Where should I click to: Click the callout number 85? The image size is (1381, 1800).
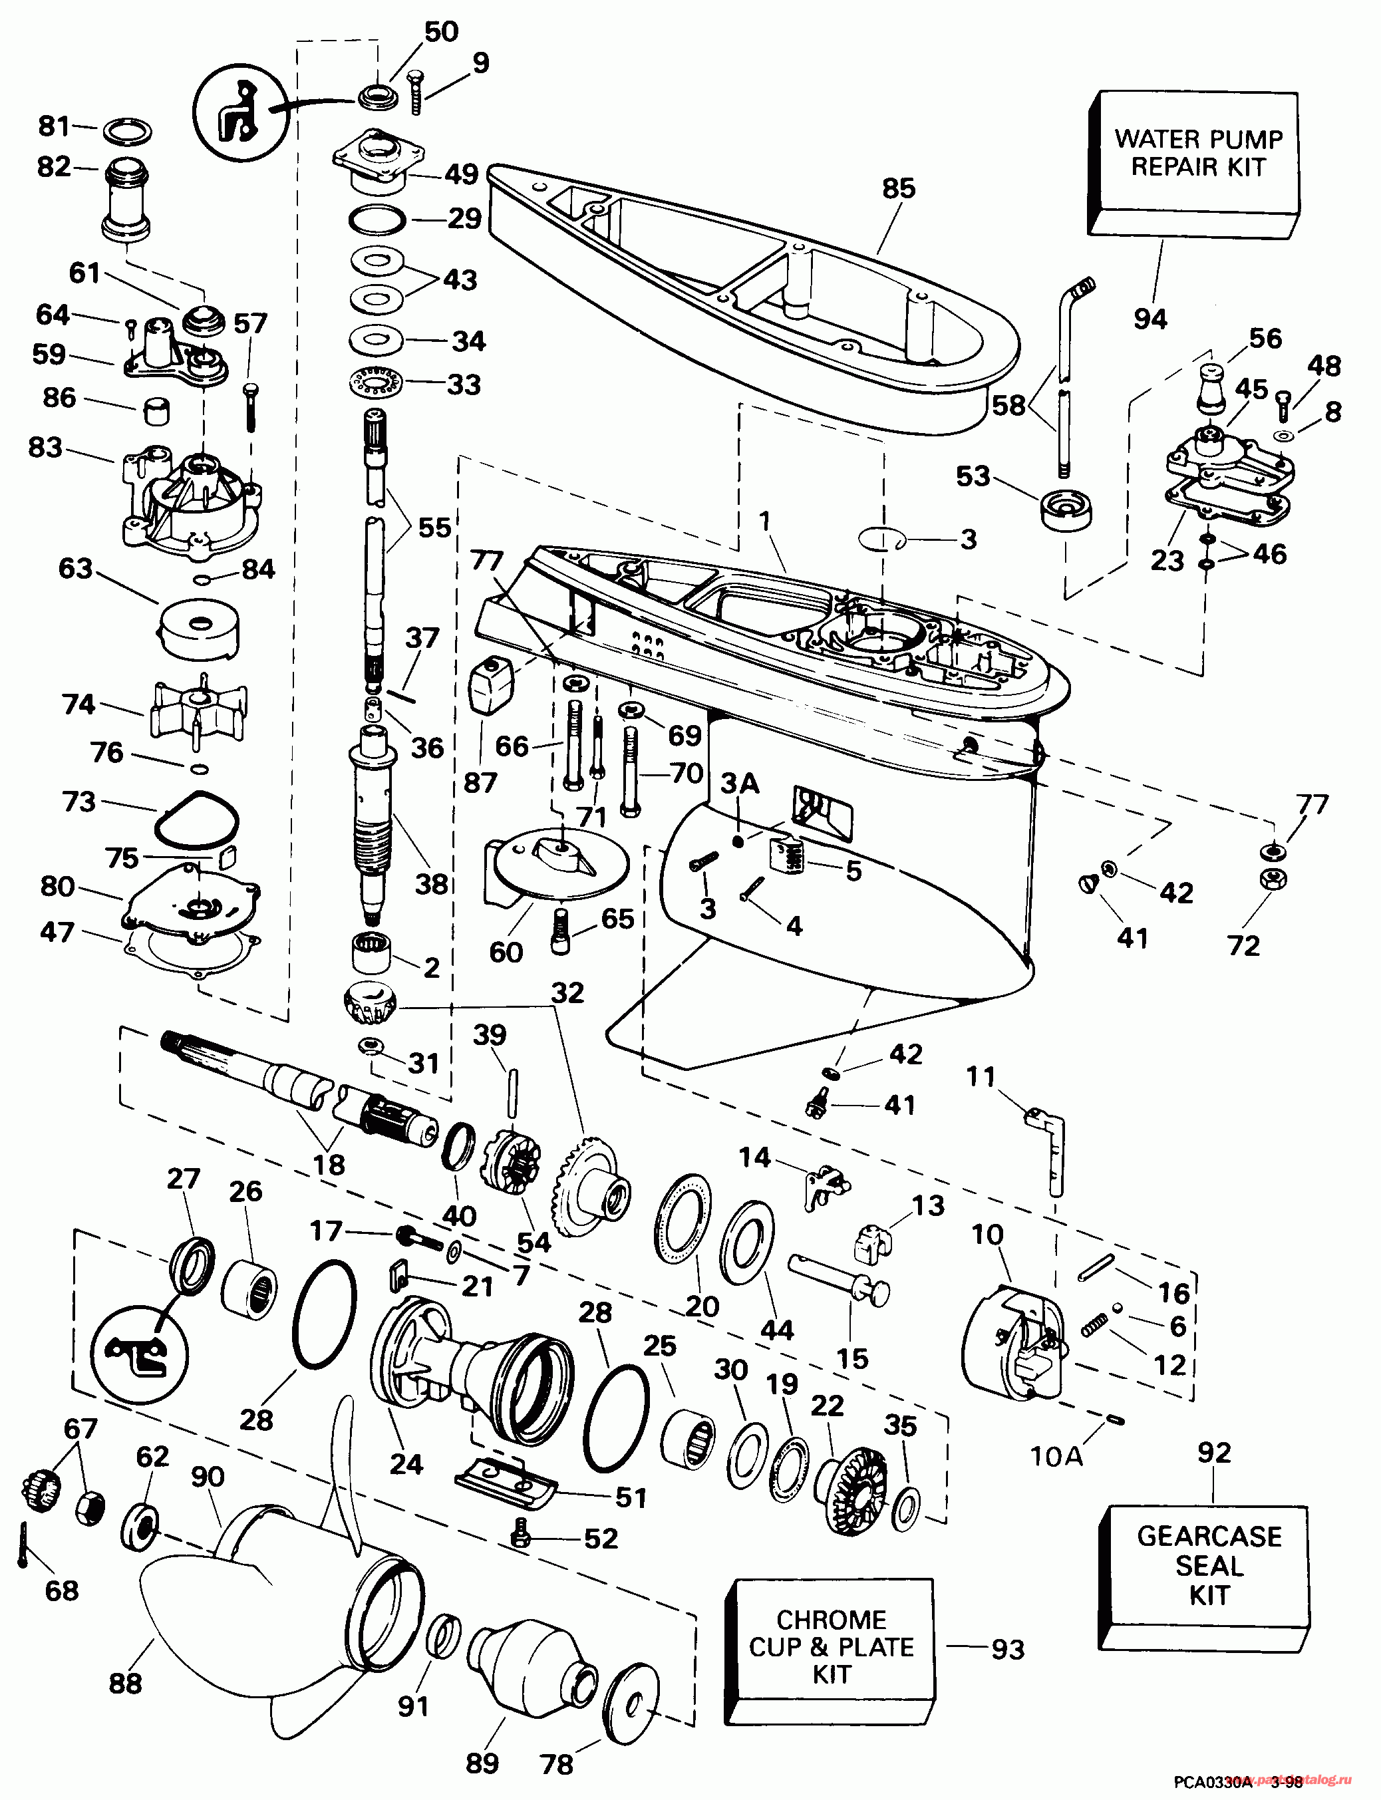[x=899, y=188]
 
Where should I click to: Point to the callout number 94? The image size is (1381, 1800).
[x=1150, y=318]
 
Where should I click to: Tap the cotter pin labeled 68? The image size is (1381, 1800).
[x=21, y=1543]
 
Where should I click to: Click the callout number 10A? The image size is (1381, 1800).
[x=1056, y=1457]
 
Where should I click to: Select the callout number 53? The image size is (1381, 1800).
[x=973, y=476]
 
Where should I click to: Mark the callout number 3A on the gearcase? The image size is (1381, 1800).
[x=739, y=784]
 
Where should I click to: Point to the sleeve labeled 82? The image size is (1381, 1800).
[x=128, y=200]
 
